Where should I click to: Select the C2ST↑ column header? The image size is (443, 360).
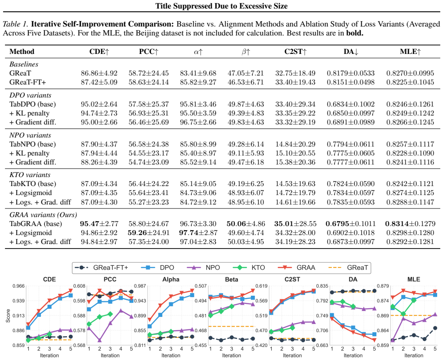click(x=295, y=52)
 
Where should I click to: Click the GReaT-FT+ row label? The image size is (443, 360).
click(x=28, y=82)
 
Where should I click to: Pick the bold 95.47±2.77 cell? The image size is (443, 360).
click(x=99, y=224)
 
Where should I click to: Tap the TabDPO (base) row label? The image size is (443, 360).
click(x=33, y=104)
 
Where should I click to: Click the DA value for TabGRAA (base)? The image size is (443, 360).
click(x=351, y=224)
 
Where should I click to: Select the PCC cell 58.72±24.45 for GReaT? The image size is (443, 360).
click(x=148, y=73)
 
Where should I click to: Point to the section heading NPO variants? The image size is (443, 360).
click(x=30, y=135)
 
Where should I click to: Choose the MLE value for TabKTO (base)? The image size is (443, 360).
click(x=410, y=184)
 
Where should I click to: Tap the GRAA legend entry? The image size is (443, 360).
click(x=296, y=267)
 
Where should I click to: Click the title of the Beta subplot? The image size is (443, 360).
click(x=231, y=280)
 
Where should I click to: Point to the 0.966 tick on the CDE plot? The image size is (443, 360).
click(x=18, y=286)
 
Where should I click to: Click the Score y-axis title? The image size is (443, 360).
click(x=8, y=316)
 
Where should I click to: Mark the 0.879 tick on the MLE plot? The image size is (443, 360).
click(x=383, y=286)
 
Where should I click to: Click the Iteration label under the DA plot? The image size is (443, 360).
click(x=353, y=356)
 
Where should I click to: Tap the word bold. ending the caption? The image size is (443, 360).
click(x=355, y=33)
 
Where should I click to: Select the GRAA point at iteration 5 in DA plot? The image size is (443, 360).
click(x=374, y=340)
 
